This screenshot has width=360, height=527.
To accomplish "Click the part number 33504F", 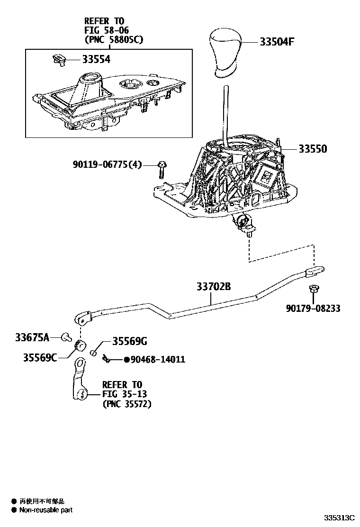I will point(277,42).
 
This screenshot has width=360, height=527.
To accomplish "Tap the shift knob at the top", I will point(225,51).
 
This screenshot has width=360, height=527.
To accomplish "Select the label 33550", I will point(312,149).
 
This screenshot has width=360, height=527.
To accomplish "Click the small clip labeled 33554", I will point(58,59).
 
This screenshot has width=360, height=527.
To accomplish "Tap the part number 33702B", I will point(213,287).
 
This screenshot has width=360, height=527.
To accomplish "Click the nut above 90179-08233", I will point(313,289).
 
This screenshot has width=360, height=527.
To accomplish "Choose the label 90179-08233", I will point(313,309).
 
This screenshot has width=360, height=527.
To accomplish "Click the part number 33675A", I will point(32,337).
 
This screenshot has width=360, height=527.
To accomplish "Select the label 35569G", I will point(129,341).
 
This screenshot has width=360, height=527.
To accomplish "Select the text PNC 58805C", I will point(113,40).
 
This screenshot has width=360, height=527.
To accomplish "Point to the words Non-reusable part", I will point(45,510).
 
